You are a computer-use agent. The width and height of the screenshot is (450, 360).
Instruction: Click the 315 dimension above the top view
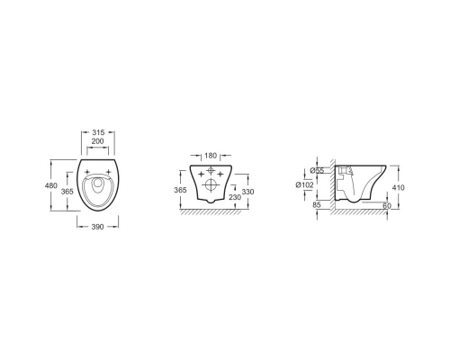pyautogui.click(x=98, y=132)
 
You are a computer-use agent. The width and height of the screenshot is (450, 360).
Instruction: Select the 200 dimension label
pyautogui.click(x=97, y=141)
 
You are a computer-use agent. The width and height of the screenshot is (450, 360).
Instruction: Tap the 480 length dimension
pyautogui.click(x=51, y=185)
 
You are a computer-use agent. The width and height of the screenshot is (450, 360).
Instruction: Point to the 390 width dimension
pyautogui.click(x=97, y=227)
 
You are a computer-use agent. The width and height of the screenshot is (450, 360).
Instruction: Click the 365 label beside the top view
pyautogui.click(x=67, y=192)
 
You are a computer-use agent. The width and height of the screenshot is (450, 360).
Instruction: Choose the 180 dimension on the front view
pyautogui.click(x=211, y=156)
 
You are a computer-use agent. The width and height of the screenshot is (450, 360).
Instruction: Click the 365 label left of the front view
pyautogui.click(x=180, y=190)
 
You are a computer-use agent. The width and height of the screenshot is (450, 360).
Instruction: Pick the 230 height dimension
pyautogui.click(x=235, y=197)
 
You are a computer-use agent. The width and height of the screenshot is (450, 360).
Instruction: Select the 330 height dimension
pyautogui.click(x=247, y=192)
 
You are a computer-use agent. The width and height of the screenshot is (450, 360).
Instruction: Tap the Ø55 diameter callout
pyautogui.click(x=317, y=171)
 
